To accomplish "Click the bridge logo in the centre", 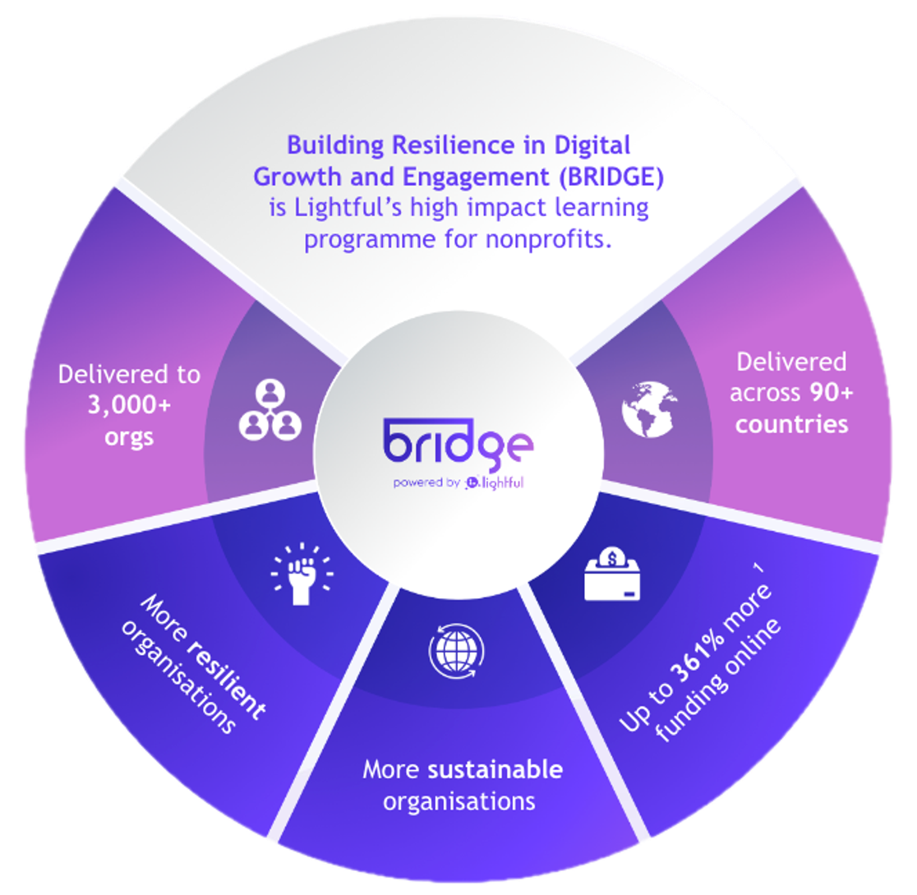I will click(x=458, y=442).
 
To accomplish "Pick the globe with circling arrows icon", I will click(x=451, y=649).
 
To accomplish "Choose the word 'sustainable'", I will click(x=495, y=770).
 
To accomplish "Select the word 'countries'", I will click(x=792, y=425).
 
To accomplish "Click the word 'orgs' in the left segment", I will click(x=129, y=436).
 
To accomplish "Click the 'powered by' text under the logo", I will click(x=426, y=482).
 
